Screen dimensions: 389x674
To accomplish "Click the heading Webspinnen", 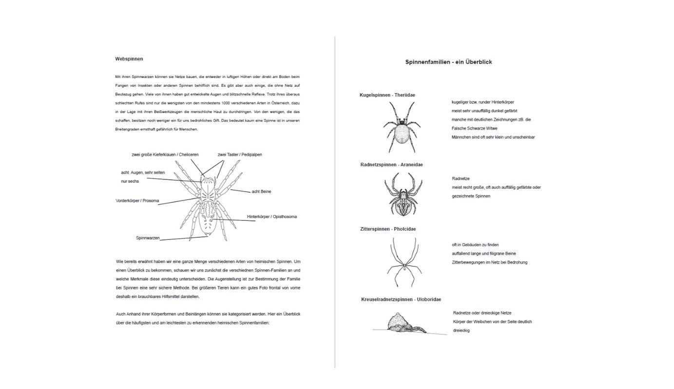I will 129,59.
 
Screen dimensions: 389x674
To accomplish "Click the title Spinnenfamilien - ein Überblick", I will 448,62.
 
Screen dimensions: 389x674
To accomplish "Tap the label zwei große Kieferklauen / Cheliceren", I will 165,155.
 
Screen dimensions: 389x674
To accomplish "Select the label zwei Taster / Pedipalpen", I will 240,155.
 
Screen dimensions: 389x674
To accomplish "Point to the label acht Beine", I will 261,192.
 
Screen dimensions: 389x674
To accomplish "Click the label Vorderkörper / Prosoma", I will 137,201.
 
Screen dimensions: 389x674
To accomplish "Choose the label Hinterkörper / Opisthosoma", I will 271,217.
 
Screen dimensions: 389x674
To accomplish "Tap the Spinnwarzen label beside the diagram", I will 148,238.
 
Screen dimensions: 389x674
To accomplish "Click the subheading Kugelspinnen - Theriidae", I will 387,95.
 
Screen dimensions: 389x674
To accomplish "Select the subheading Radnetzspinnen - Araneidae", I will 391,165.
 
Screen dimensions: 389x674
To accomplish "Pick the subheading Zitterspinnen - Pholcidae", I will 388,229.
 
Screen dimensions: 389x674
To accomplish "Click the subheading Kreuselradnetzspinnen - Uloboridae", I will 401,299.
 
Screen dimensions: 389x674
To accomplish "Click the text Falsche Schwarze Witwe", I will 474,128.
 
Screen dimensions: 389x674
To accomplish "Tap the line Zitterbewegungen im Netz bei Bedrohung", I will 489,262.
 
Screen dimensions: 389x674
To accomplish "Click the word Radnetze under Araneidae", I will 461,179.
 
